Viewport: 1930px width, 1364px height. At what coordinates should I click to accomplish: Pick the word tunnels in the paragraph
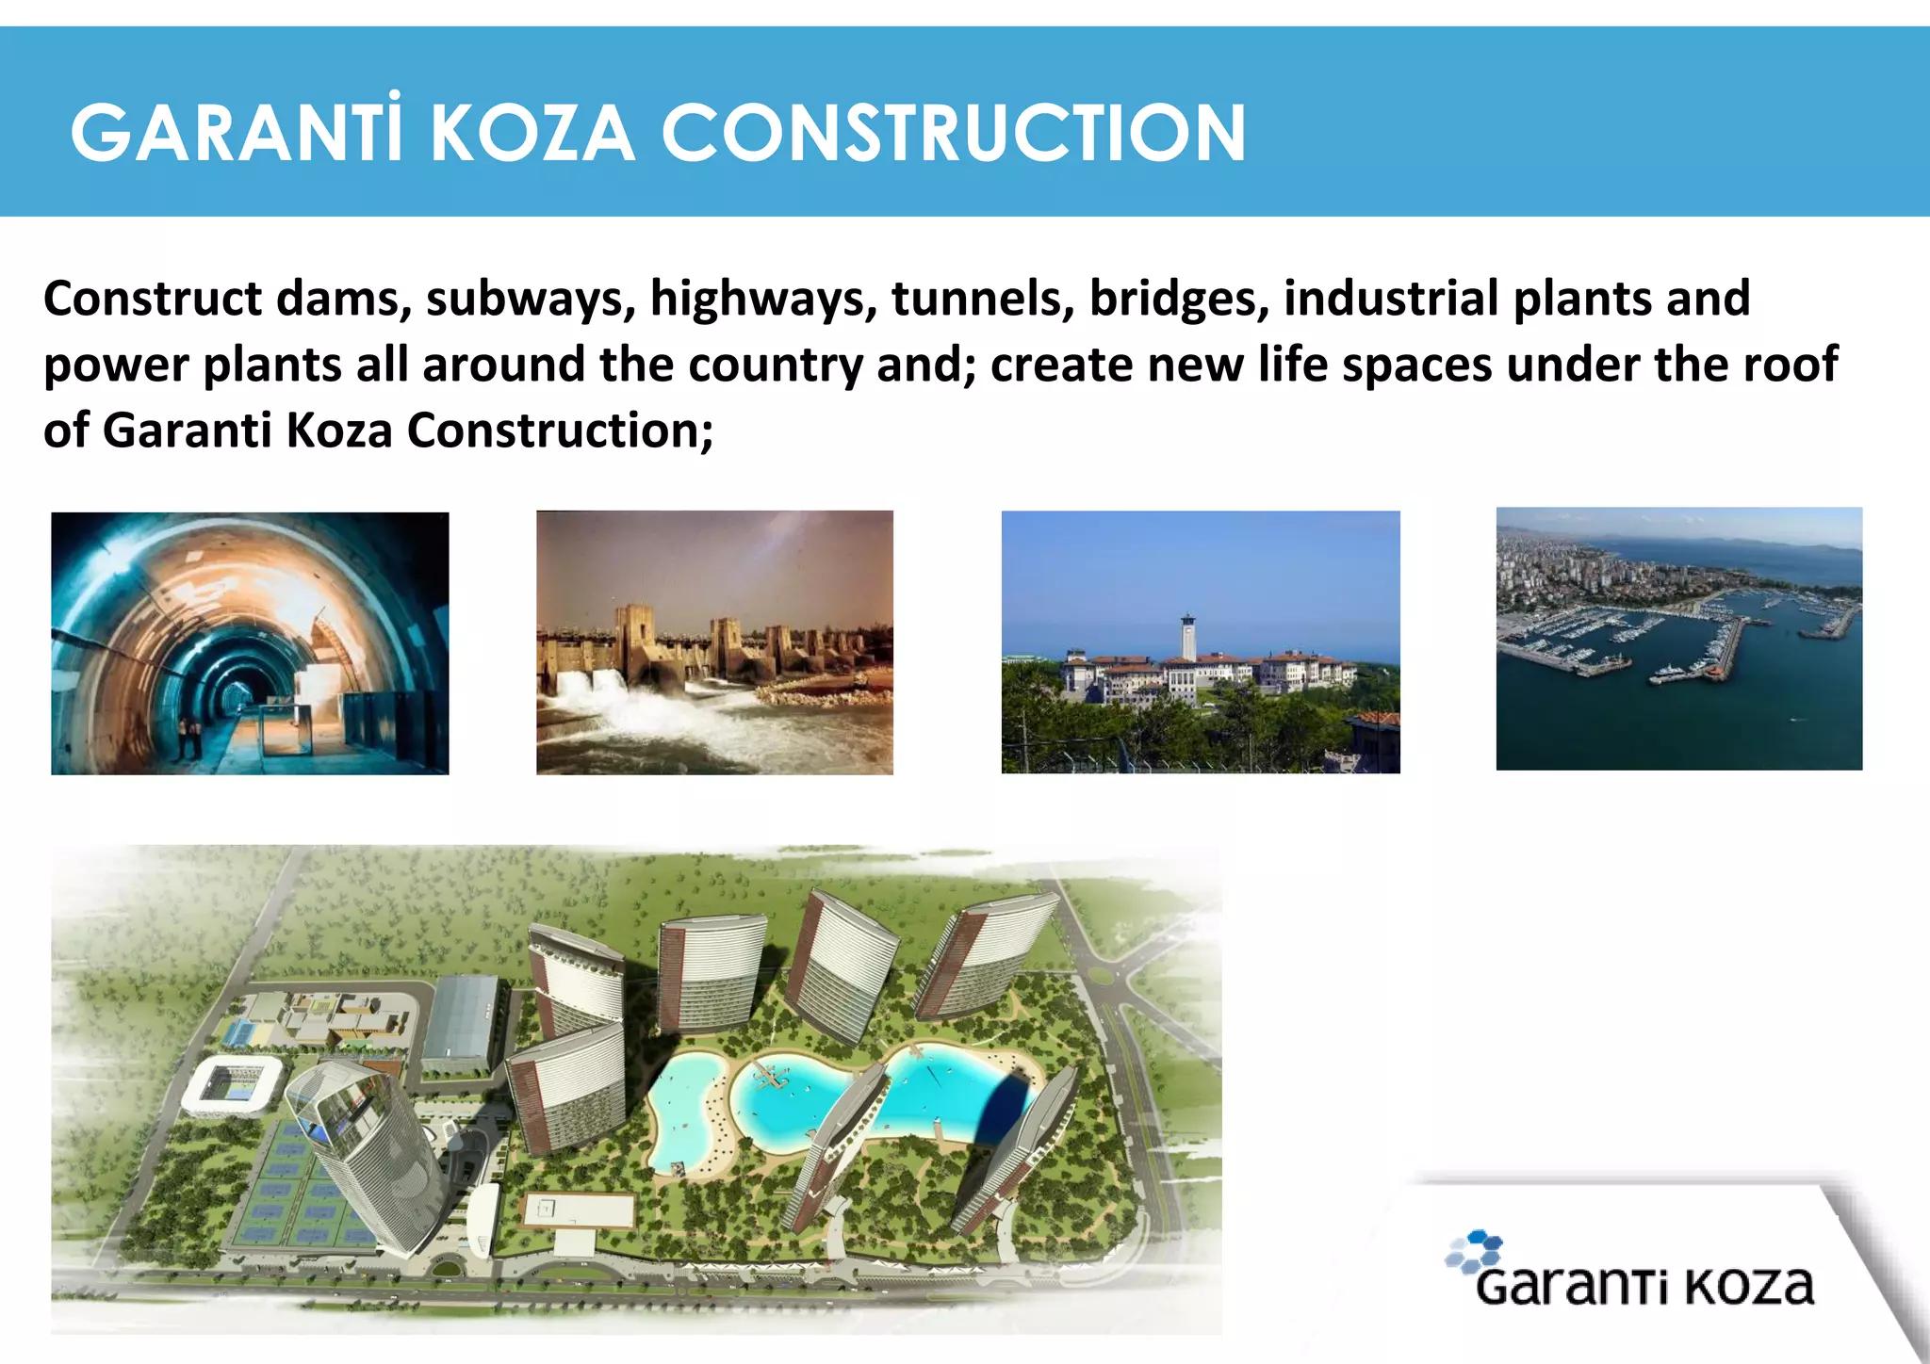click(983, 299)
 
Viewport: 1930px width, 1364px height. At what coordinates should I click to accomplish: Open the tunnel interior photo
click(250, 643)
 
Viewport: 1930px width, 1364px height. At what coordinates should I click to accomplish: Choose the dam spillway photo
click(714, 642)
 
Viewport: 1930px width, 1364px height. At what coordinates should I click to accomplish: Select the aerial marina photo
click(1678, 639)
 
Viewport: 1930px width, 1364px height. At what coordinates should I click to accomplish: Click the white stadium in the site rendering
click(232, 1083)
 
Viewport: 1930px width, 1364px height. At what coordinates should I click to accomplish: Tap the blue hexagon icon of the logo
click(1475, 1251)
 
